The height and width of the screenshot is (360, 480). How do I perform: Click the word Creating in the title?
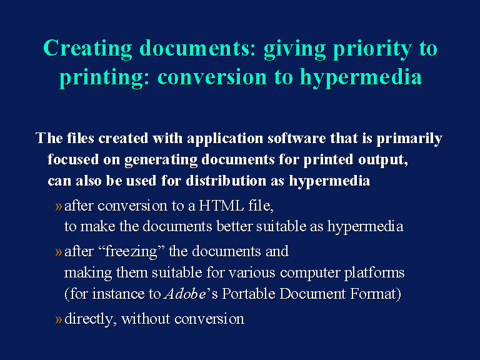88,48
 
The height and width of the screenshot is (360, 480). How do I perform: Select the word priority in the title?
372,49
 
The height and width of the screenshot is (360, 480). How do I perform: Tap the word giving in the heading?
295,49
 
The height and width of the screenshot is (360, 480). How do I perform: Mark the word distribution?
226,181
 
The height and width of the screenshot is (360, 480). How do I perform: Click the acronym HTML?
221,206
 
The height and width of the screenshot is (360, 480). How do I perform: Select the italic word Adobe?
185,294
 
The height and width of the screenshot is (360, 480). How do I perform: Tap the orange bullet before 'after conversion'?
59,207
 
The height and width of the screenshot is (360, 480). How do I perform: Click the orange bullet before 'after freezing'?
59,252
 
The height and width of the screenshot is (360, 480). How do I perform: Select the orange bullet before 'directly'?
59,320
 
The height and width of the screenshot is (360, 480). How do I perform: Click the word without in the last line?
146,319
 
